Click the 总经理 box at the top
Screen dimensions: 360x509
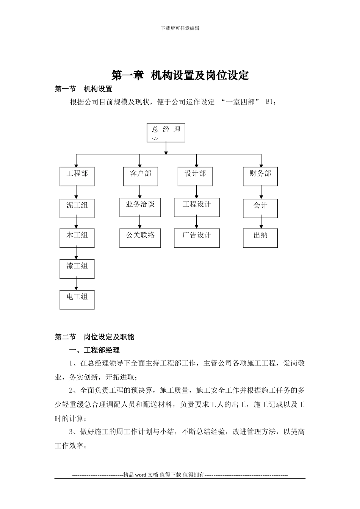pyautogui.click(x=166, y=133)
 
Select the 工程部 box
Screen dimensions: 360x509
pyautogui.click(x=77, y=176)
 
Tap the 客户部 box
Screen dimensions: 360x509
pyautogui.click(x=141, y=176)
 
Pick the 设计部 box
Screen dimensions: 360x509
pyautogui.click(x=195, y=176)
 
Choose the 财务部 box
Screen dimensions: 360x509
pyautogui.click(x=260, y=176)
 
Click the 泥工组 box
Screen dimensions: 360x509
pyautogui.click(x=77, y=208)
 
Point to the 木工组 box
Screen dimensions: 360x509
pyautogui.click(x=77, y=238)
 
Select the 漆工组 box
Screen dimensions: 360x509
pyautogui.click(x=77, y=269)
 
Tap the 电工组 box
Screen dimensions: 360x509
pyautogui.click(x=77, y=300)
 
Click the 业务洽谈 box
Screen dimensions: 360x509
pyautogui.click(x=140, y=207)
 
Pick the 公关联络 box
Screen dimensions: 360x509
pyautogui.click(x=140, y=238)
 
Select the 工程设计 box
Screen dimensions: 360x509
pyautogui.click(x=197, y=207)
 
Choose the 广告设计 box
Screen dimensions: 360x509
pyautogui.click(x=197, y=238)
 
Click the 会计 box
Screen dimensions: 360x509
pyautogui.click(x=260, y=208)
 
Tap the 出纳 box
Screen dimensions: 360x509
pyautogui.click(x=260, y=238)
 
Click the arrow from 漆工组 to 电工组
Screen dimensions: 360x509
pyautogui.click(x=77, y=284)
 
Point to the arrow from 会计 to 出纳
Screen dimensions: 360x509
pyautogui.click(x=261, y=223)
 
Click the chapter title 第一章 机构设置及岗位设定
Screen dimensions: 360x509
pyautogui.click(x=180, y=75)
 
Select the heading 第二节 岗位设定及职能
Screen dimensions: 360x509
pyautogui.click(x=94, y=337)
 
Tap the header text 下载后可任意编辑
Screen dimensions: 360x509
pyautogui.click(x=180, y=28)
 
